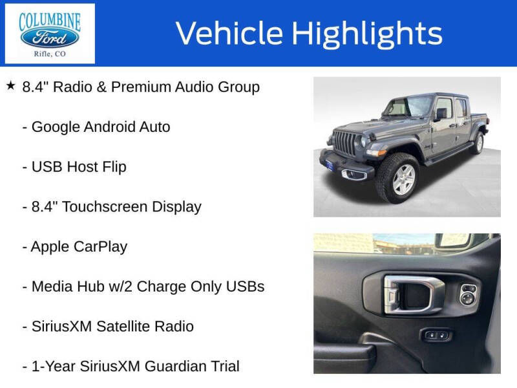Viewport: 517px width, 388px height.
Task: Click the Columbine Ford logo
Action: coord(50,33)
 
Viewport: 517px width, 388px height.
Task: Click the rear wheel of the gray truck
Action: coord(478,142)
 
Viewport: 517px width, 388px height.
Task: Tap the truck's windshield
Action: coord(410,106)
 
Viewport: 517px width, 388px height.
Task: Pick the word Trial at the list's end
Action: coord(220,366)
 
